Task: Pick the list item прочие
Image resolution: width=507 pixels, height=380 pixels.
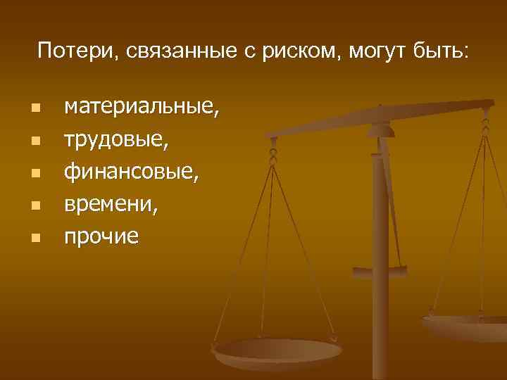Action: coord(101,236)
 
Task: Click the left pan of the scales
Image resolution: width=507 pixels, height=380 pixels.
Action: coord(277,350)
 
